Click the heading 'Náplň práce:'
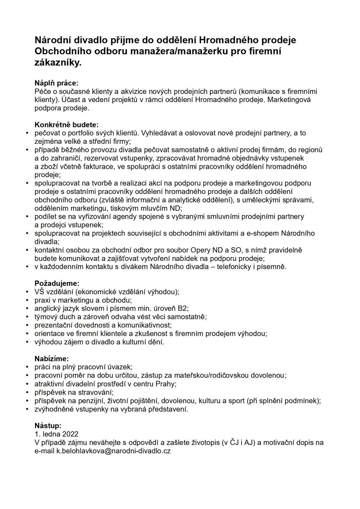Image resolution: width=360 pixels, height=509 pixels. point(56,83)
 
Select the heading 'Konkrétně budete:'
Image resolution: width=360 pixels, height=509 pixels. point(67,124)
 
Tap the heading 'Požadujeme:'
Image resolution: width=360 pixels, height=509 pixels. point(57,283)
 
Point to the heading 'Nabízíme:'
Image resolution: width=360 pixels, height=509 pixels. point(52,358)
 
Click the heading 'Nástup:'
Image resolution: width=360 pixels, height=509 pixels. point(48,425)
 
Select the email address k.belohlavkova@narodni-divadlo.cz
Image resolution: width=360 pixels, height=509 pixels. point(114,451)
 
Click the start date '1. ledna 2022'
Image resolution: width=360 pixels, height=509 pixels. point(57,434)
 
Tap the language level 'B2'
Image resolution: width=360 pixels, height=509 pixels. point(182,308)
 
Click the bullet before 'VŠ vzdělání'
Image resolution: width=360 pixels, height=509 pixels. point(28,292)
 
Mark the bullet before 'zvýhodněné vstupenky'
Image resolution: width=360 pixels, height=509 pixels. point(28,409)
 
